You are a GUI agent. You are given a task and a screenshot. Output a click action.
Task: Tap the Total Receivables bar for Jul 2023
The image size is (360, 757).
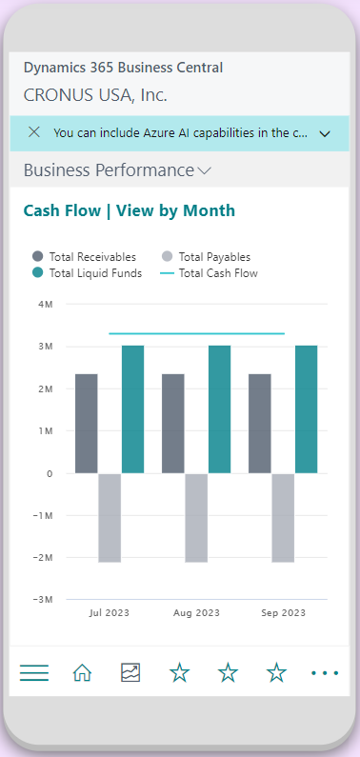87,424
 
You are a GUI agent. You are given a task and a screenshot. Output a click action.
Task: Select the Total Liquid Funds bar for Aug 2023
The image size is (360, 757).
220,409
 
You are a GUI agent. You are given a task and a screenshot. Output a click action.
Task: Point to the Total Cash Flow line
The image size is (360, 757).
197,333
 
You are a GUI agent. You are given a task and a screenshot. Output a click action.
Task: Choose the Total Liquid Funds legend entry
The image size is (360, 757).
86,273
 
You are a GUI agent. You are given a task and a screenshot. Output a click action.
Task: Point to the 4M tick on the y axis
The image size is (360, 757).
45,305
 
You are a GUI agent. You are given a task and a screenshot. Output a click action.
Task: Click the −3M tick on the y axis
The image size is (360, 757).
42,599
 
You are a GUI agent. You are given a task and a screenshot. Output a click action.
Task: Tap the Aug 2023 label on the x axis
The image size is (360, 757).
196,613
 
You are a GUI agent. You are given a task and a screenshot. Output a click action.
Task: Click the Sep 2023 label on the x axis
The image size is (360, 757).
283,613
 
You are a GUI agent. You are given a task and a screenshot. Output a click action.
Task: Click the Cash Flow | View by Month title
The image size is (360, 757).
129,210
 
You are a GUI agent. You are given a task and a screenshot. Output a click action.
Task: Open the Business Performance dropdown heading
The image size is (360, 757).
117,170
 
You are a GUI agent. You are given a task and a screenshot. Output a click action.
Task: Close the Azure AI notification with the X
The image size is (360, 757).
34,132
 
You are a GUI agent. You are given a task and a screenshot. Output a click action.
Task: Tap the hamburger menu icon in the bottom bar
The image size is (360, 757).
34,673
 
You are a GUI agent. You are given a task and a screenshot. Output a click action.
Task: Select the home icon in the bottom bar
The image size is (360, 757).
82,673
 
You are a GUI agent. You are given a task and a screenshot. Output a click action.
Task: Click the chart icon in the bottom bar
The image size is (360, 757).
130,673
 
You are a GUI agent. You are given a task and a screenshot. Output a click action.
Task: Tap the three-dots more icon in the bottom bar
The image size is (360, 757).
325,673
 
